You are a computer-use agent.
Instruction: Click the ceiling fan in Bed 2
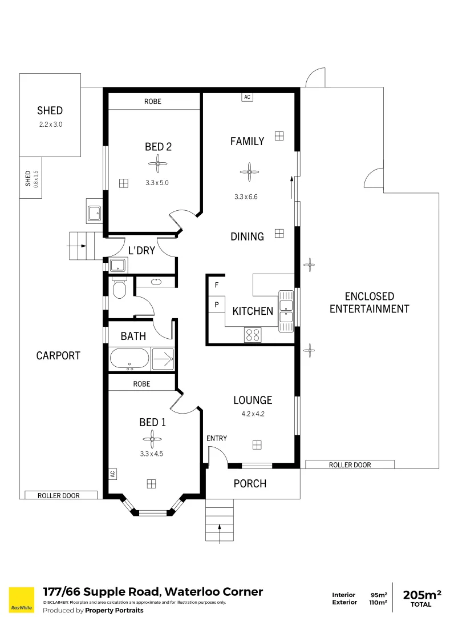pyautogui.click(x=158, y=165)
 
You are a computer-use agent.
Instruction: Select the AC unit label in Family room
pyautogui.click(x=247, y=97)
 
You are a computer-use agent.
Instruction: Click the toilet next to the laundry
pyautogui.click(x=119, y=289)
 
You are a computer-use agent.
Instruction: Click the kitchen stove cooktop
pyautogui.click(x=253, y=335)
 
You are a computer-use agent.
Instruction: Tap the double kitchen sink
pyautogui.click(x=286, y=311)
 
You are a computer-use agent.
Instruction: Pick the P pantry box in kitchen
pyautogui.click(x=216, y=305)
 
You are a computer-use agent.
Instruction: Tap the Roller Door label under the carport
pyautogui.click(x=59, y=495)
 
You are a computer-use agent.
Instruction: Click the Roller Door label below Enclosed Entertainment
pyautogui.click(x=350, y=465)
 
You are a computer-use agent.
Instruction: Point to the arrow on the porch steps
pyautogui.click(x=220, y=528)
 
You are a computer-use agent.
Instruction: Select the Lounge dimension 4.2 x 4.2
pyautogui.click(x=253, y=414)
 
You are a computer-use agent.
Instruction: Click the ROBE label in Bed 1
pyautogui.click(x=141, y=384)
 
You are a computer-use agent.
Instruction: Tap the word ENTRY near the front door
pyautogui.click(x=217, y=438)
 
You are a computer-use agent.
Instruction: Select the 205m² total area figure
pyautogui.click(x=422, y=595)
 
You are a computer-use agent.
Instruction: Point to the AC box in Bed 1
pyautogui.click(x=112, y=474)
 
